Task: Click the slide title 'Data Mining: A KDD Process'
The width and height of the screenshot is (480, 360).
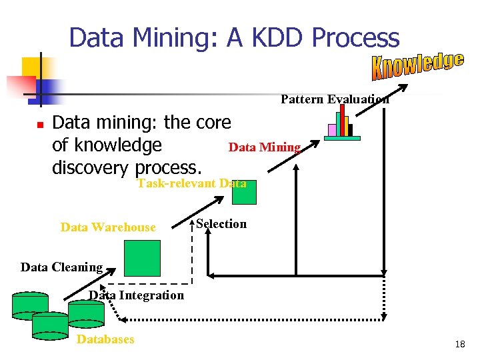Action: click(234, 38)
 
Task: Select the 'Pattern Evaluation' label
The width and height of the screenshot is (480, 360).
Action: click(335, 99)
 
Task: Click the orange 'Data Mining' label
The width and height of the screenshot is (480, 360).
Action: click(265, 147)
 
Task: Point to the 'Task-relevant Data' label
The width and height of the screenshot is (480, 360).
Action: click(191, 183)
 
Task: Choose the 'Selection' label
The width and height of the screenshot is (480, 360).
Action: click(221, 224)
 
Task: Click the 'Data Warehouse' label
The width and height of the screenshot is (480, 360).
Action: click(108, 227)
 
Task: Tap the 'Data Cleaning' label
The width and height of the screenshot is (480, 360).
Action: click(61, 267)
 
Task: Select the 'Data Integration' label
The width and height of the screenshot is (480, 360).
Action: click(137, 295)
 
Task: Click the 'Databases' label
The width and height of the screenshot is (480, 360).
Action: click(105, 339)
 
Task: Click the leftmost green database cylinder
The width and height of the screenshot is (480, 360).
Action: click(30, 305)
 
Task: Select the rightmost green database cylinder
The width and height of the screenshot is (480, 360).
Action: click(87, 312)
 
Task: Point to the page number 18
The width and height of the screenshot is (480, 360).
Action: click(459, 344)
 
